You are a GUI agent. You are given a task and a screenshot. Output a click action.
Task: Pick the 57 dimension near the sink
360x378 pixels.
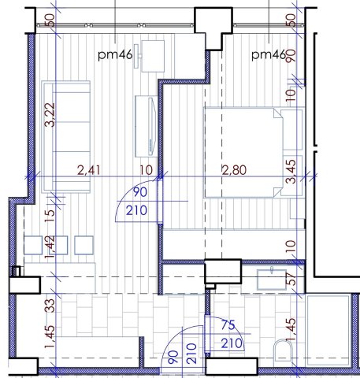pos(290,278)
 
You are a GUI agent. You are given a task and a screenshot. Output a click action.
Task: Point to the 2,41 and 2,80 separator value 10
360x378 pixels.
pos(145,169)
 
